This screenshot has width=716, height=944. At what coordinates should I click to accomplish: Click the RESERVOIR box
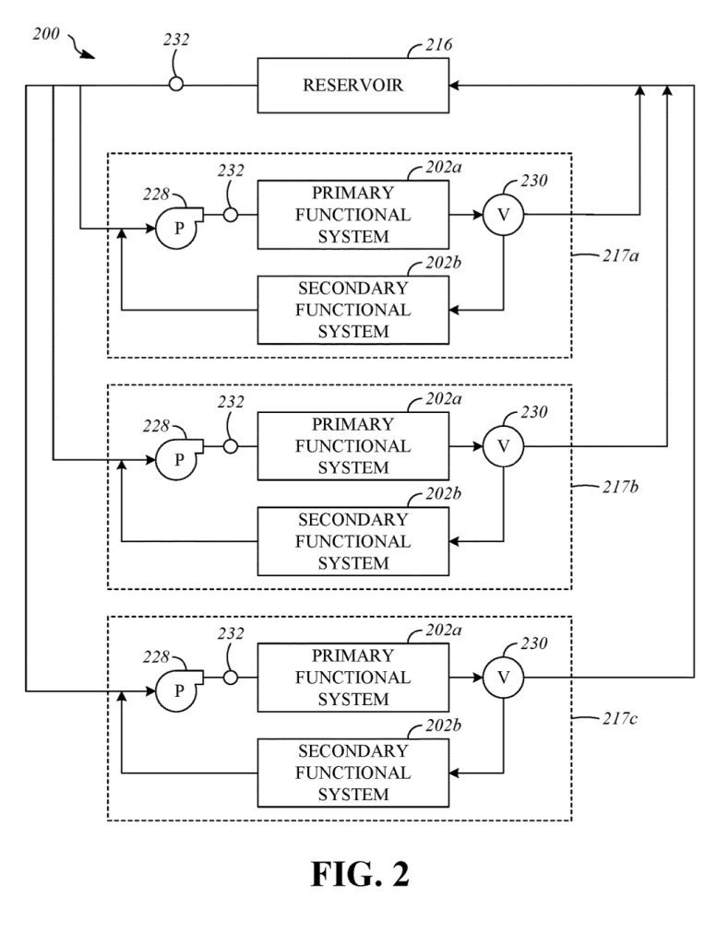click(x=352, y=86)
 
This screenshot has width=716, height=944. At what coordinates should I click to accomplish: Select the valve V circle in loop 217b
click(x=503, y=446)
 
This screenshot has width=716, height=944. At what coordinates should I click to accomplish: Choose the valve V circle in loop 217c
click(x=503, y=678)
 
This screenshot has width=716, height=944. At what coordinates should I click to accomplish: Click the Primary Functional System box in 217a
click(x=352, y=215)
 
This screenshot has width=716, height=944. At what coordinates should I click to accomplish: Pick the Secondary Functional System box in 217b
click(x=352, y=541)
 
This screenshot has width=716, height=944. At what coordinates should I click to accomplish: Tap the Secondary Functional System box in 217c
click(x=352, y=773)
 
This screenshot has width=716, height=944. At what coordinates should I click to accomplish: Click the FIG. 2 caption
click(x=358, y=874)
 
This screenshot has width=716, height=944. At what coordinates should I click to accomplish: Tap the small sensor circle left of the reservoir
click(x=175, y=85)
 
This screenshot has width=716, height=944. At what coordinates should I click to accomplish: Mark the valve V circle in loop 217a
click(x=503, y=215)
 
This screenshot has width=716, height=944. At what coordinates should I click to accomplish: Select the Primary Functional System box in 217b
click(x=352, y=446)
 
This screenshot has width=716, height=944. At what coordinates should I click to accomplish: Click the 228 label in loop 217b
click(x=156, y=426)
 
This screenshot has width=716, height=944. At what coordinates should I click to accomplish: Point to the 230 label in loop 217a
click(x=533, y=181)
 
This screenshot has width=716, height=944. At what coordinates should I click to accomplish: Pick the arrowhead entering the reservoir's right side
click(x=455, y=85)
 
